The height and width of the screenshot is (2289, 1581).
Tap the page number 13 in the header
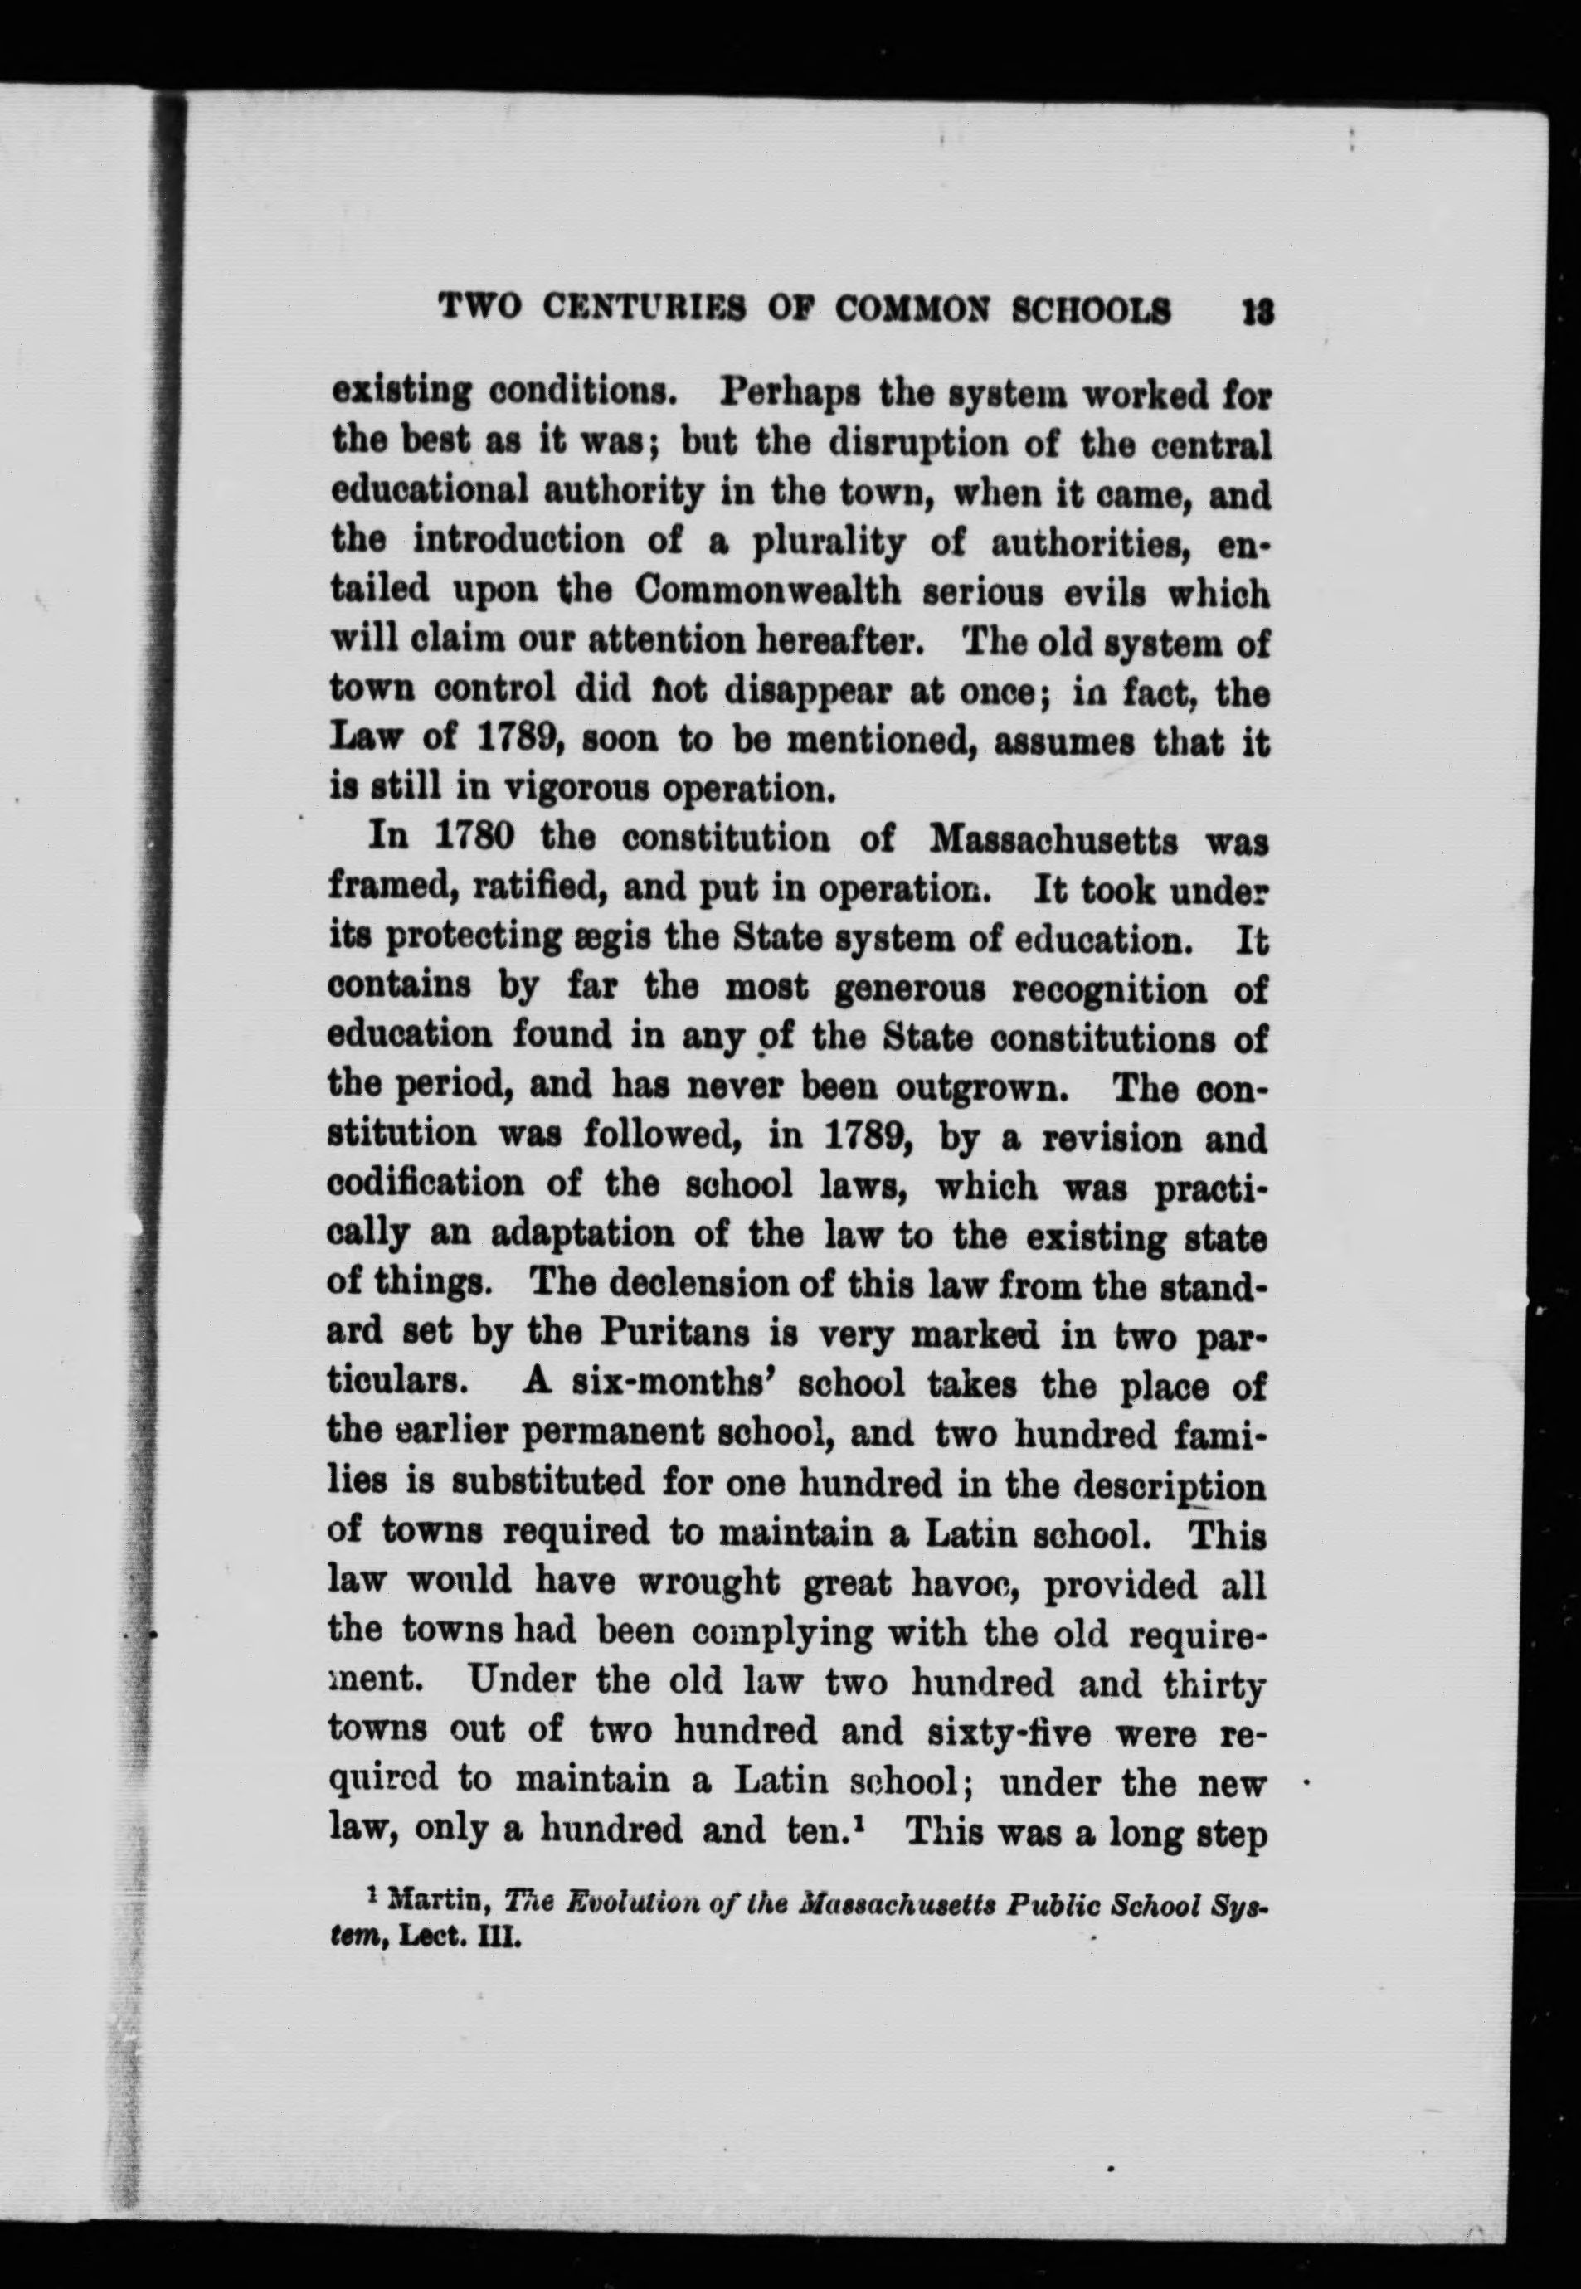point(1257,311)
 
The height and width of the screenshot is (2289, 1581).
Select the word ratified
point(529,887)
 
